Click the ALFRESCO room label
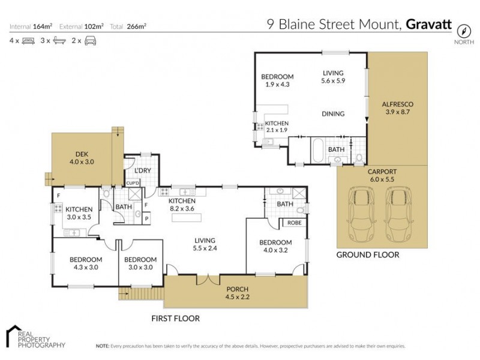(398, 104)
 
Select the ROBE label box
(294, 222)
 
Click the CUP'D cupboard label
(133, 182)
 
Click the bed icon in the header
(28, 40)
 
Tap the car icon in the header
(90, 40)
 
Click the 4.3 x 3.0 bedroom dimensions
(85, 268)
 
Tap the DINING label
(332, 113)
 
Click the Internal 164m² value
(43, 26)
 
